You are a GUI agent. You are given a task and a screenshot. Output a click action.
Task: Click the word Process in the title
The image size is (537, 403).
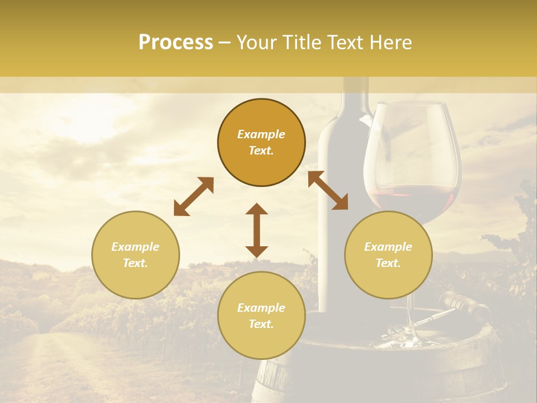[176, 43]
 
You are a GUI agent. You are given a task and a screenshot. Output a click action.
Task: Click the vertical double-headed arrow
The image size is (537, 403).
[257, 230]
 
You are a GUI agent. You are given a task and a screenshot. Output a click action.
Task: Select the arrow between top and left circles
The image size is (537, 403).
[194, 196]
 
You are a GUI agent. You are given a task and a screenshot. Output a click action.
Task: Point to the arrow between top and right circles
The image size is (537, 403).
[328, 190]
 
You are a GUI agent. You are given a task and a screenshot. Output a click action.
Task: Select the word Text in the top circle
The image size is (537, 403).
[261, 151]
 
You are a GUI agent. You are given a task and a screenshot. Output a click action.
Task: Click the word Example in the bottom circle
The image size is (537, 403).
[261, 308]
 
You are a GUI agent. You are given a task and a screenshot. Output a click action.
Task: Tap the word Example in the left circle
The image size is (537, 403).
[135, 247]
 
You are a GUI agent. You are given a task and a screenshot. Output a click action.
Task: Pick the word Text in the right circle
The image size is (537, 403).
[388, 263]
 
